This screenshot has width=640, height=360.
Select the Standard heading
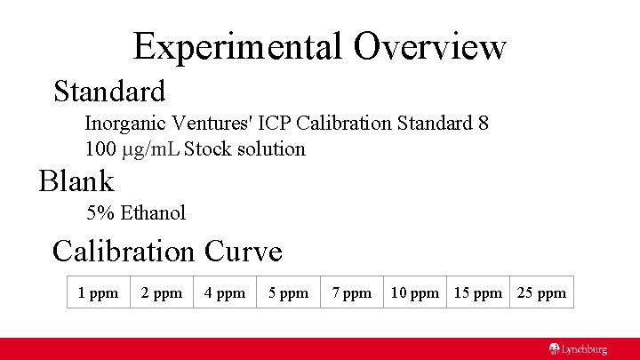pos(109,91)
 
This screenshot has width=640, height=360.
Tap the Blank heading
pos(76,181)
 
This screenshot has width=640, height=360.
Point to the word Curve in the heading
pos(243,251)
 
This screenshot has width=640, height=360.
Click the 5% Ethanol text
pos(136,212)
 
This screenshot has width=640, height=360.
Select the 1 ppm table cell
pos(98,292)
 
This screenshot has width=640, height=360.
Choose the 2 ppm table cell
pos(162,292)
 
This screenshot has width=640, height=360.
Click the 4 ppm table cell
pos(225,292)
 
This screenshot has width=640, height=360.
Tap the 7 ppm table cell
pos(352,292)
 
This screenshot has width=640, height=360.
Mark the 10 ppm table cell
pos(415,292)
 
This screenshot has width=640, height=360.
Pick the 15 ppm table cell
pos(478,292)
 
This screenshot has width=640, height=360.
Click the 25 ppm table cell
pos(541,292)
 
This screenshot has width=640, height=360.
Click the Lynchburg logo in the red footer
pos(578,349)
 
